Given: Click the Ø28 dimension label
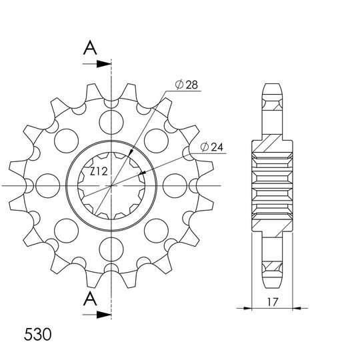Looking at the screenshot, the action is [186, 85].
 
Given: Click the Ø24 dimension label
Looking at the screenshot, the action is [212, 147].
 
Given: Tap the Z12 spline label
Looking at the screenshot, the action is [99, 171].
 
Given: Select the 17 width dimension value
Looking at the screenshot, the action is [273, 302].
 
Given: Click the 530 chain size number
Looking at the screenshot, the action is [37, 334].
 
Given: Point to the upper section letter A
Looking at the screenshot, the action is [90, 48].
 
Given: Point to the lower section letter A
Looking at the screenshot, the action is [90, 299].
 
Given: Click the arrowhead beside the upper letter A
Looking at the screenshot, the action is [104, 64].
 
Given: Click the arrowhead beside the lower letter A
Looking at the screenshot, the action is [104, 315].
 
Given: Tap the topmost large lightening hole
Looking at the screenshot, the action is [111, 122].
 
